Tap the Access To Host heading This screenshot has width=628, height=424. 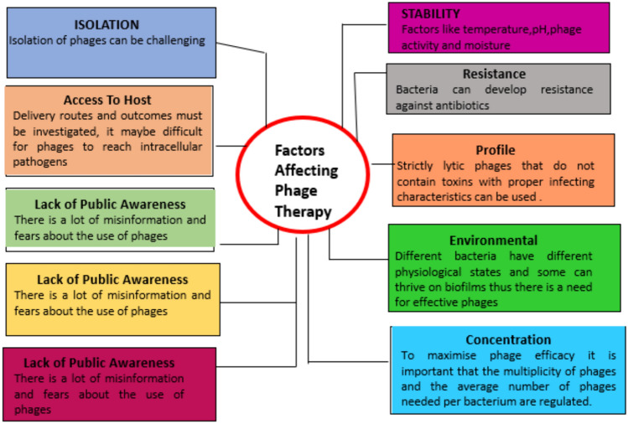coord(108,100)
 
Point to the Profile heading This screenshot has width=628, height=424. coord(496,149)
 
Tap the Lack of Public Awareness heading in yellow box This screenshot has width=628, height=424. coord(112,279)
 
